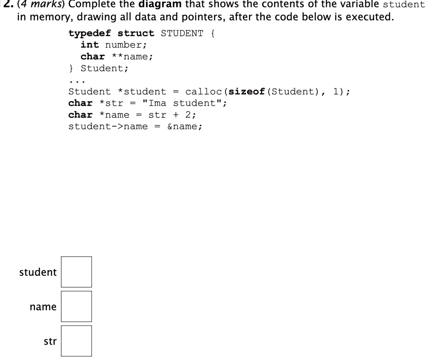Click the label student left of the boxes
click(x=38, y=272)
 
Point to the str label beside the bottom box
click(x=50, y=341)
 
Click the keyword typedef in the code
click(x=89, y=33)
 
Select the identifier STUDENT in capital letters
click(x=182, y=33)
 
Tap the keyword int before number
click(x=90, y=45)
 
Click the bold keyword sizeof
click(x=247, y=92)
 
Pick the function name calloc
click(x=203, y=92)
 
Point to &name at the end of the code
click(x=182, y=127)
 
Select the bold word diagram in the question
click(x=160, y=4)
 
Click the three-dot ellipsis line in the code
click(x=77, y=82)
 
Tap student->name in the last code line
click(x=108, y=127)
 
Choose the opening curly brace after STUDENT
click(x=213, y=33)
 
